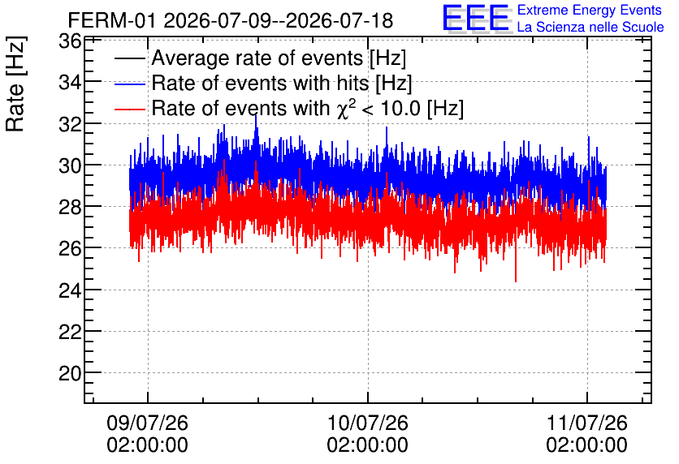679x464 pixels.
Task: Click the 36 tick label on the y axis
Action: [x=70, y=41]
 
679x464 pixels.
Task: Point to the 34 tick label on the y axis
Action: [x=70, y=82]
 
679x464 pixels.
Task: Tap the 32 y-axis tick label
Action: [x=70, y=124]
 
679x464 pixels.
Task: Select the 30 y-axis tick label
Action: [x=70, y=165]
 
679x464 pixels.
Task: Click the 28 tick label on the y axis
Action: [x=70, y=207]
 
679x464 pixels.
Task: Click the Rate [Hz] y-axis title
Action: [x=15, y=84]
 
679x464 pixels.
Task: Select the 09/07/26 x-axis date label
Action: [x=148, y=423]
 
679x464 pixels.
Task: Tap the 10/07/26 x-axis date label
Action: [x=368, y=423]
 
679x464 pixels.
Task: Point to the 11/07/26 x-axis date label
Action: [x=586, y=423]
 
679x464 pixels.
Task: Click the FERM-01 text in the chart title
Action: [x=111, y=20]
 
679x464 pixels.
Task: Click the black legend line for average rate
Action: [x=130, y=58]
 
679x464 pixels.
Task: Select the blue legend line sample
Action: [x=130, y=84]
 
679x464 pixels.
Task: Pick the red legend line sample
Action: [x=130, y=110]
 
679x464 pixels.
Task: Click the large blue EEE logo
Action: [x=476, y=18]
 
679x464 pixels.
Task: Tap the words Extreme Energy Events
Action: [x=590, y=10]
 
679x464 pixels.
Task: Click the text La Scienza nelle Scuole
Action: [x=590, y=27]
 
